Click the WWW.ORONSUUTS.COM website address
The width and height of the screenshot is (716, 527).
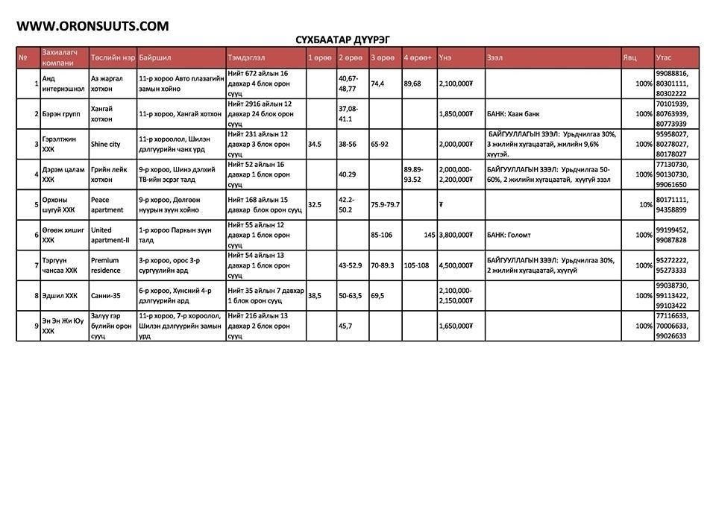click(92, 26)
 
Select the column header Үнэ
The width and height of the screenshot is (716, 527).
click(445, 57)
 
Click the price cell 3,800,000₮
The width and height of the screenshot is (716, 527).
click(457, 235)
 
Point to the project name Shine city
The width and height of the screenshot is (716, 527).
click(105, 144)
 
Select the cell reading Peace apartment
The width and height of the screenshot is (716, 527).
click(107, 204)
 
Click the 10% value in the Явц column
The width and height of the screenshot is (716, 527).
click(645, 205)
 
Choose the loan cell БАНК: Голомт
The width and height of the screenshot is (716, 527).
click(509, 235)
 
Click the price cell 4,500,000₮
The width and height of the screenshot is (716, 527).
click(457, 265)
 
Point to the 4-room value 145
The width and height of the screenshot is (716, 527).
click(429, 235)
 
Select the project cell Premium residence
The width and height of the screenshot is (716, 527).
click(105, 265)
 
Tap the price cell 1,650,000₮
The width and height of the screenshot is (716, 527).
click(457, 326)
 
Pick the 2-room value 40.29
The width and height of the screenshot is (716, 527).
click(348, 174)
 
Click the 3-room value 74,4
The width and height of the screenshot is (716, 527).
click(377, 83)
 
